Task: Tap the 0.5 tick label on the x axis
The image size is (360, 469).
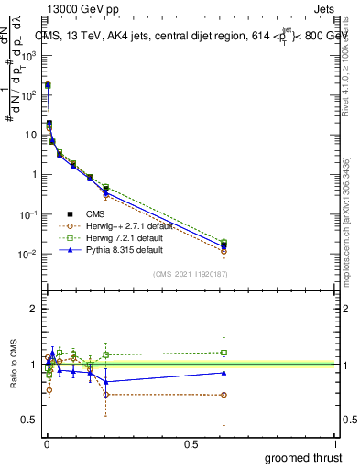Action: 191,443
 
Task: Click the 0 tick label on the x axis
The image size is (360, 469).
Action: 46,443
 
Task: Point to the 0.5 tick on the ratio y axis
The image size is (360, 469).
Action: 31,420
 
